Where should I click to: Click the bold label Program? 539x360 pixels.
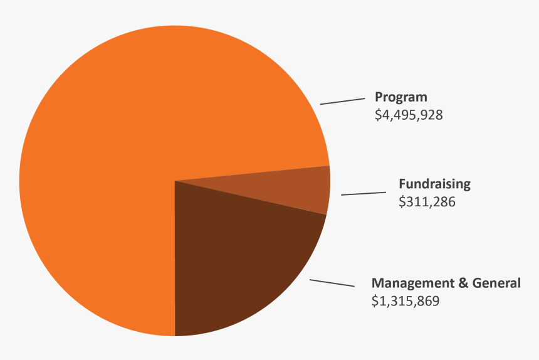tap(400, 97)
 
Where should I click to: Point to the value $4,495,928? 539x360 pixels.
tap(409, 115)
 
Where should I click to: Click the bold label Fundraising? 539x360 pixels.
tap(434, 184)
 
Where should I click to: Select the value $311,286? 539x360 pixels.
tap(427, 202)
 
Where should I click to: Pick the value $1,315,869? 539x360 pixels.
tap(406, 301)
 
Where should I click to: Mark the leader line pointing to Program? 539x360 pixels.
tap(342, 101)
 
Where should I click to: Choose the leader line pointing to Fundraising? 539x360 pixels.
tap(364, 193)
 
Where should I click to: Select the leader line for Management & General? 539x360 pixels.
tap(332, 283)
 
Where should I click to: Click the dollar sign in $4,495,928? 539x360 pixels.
tap(378, 115)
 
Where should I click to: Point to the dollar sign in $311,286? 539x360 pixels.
tap(402, 202)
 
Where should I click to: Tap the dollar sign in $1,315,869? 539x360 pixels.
tap(375, 301)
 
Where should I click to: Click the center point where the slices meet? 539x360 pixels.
tap(175, 181)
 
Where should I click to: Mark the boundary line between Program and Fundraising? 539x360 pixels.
tap(251, 174)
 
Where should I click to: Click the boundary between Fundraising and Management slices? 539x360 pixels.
tap(251, 198)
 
